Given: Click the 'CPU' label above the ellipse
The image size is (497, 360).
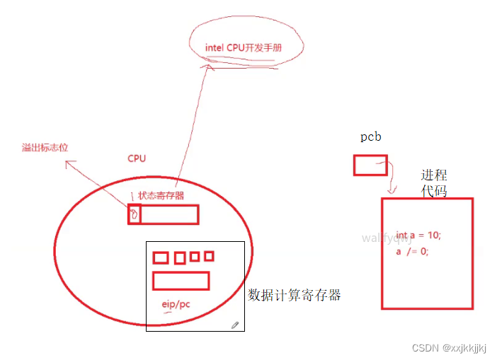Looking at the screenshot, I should (137, 158).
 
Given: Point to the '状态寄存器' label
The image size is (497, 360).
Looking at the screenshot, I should (161, 195).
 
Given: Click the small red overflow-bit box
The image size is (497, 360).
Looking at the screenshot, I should (134, 214).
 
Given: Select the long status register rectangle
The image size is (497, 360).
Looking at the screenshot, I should (169, 214).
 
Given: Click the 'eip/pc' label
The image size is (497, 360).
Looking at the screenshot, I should (174, 305).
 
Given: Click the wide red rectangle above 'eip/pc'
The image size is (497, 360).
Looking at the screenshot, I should (181, 281).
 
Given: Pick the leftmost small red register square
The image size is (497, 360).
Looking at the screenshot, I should (161, 257).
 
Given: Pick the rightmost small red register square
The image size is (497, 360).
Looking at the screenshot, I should (209, 255).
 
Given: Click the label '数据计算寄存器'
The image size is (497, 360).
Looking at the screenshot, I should (295, 295).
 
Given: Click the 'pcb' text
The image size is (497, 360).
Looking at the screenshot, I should (370, 137).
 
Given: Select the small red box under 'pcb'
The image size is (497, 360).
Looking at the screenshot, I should (370, 166).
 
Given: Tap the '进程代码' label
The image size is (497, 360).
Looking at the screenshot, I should (434, 183).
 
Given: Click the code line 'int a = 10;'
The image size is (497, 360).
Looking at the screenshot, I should (423, 235).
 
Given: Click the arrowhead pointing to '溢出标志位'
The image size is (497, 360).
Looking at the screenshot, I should (68, 163).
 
